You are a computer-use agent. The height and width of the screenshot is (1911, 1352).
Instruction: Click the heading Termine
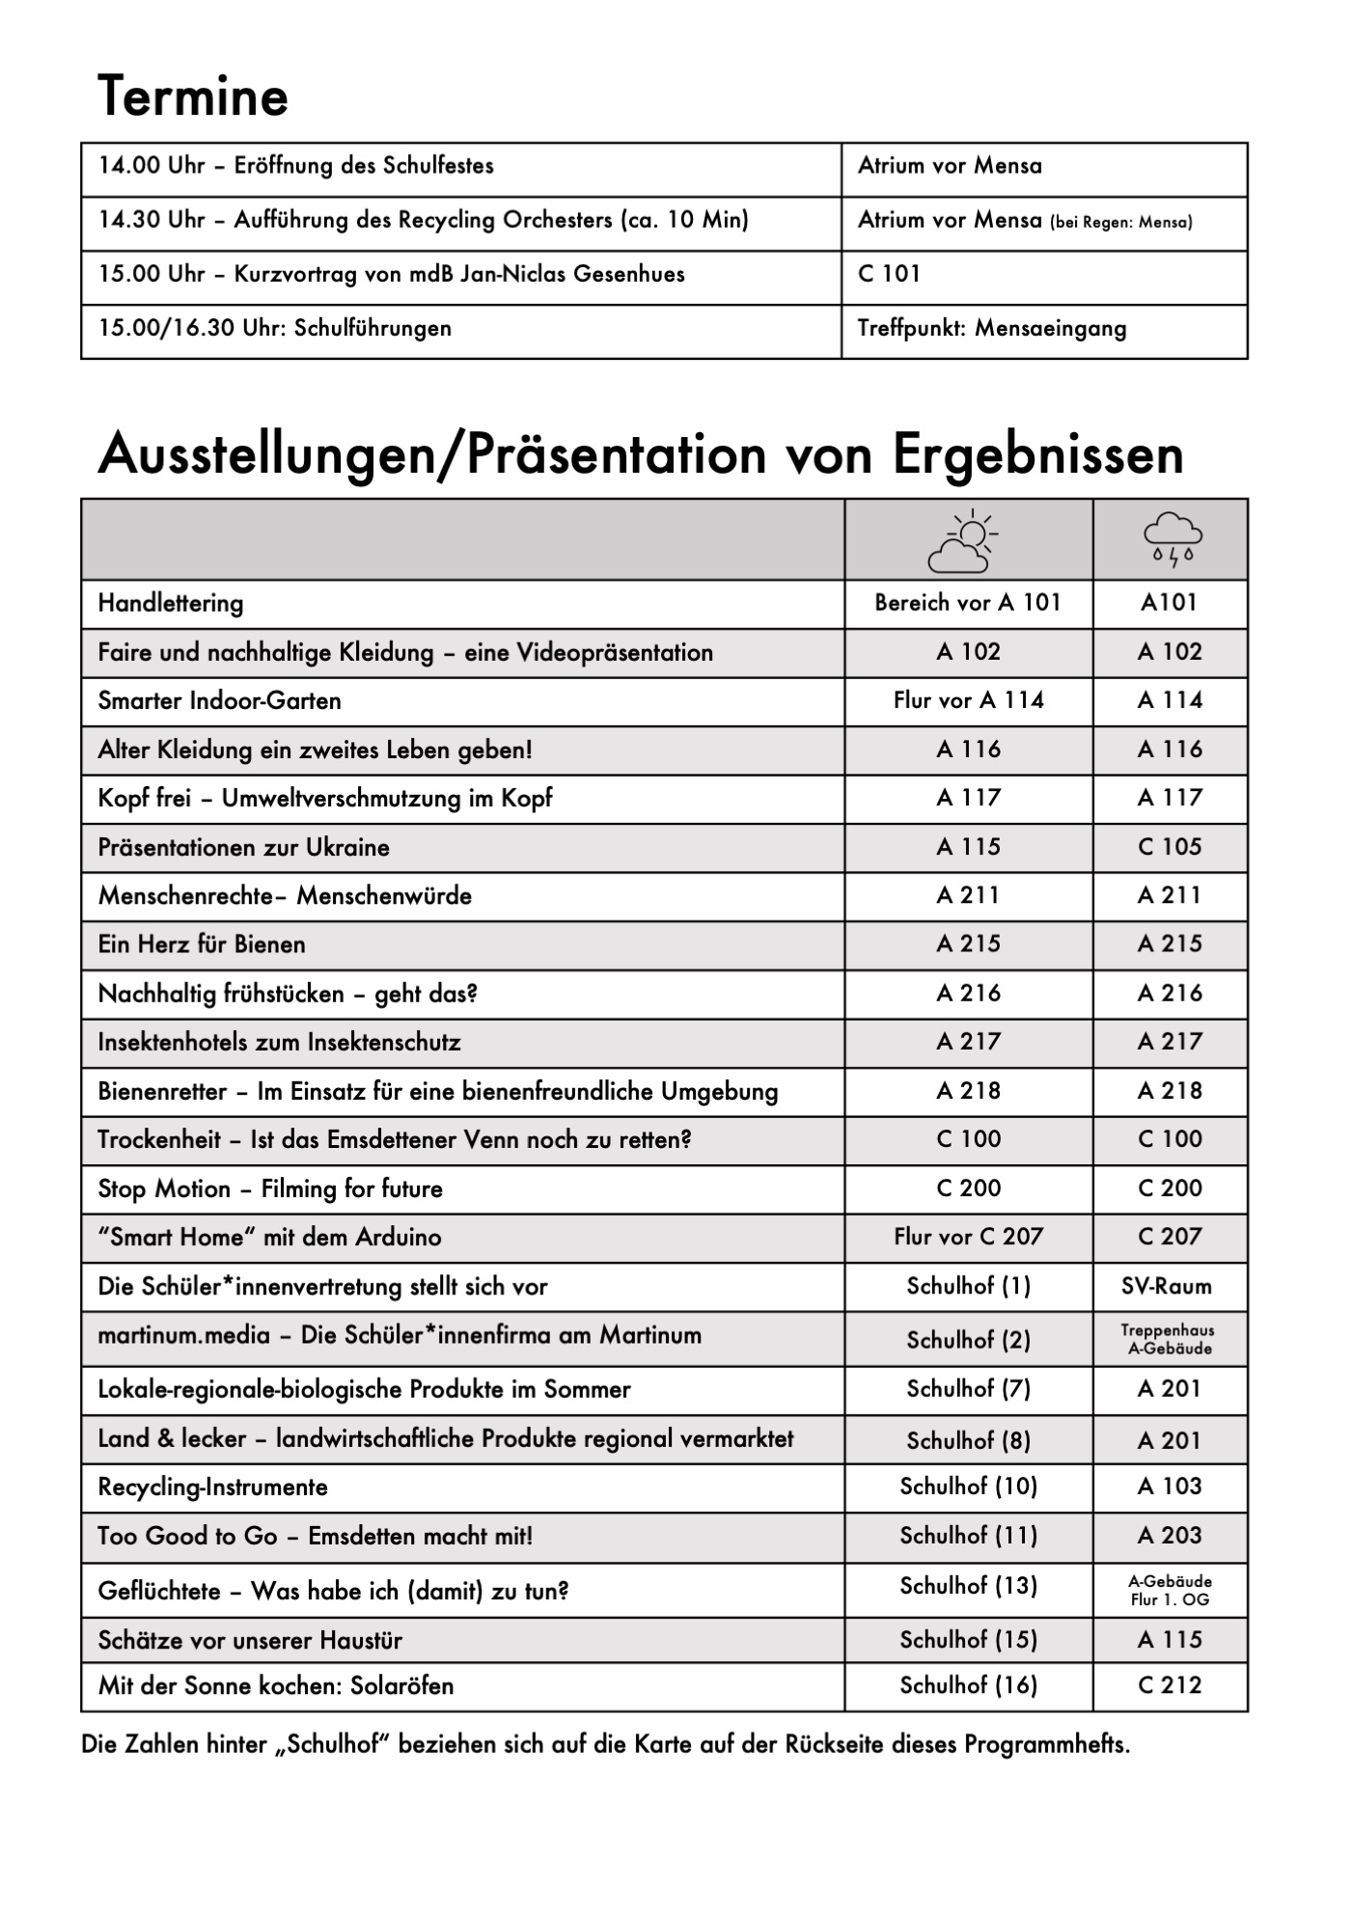(x=193, y=96)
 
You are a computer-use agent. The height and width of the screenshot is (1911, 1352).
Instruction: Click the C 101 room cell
(x=889, y=274)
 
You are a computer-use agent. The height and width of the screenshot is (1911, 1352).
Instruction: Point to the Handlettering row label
(x=171, y=604)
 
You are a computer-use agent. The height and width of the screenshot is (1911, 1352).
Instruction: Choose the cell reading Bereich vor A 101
(x=968, y=603)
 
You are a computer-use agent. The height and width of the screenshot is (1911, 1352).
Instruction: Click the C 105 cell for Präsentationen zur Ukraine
(x=1170, y=847)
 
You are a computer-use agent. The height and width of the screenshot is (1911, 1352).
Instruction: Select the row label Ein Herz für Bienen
(x=202, y=944)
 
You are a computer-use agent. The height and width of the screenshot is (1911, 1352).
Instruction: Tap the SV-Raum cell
(x=1166, y=1286)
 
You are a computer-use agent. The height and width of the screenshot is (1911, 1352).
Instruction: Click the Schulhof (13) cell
(x=968, y=1586)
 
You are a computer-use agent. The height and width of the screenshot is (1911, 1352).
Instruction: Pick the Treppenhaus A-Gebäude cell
(x=1169, y=1339)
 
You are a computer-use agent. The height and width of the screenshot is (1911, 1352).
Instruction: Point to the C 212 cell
(x=1170, y=1685)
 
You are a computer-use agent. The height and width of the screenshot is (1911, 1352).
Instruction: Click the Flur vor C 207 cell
(x=968, y=1237)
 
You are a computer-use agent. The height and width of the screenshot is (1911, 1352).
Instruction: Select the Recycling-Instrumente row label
(x=212, y=1488)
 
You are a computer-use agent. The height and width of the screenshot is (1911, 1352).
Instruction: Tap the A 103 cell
(x=1170, y=1487)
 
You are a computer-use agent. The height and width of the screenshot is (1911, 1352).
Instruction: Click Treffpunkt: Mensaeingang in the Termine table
(x=991, y=329)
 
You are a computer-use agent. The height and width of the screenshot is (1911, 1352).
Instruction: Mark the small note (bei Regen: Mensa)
(x=1121, y=223)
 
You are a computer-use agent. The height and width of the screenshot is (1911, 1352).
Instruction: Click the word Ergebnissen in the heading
(x=1037, y=454)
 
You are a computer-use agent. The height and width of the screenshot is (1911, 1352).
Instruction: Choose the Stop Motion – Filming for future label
(x=270, y=1188)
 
